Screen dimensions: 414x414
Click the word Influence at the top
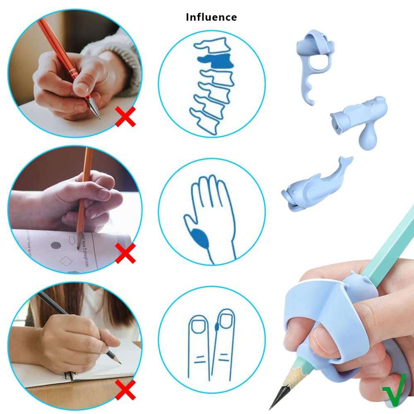(x=211, y=17)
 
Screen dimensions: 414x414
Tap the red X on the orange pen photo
(x=125, y=116)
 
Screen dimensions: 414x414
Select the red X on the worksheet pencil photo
(x=125, y=253)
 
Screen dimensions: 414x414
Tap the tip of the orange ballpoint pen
(x=98, y=116)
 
